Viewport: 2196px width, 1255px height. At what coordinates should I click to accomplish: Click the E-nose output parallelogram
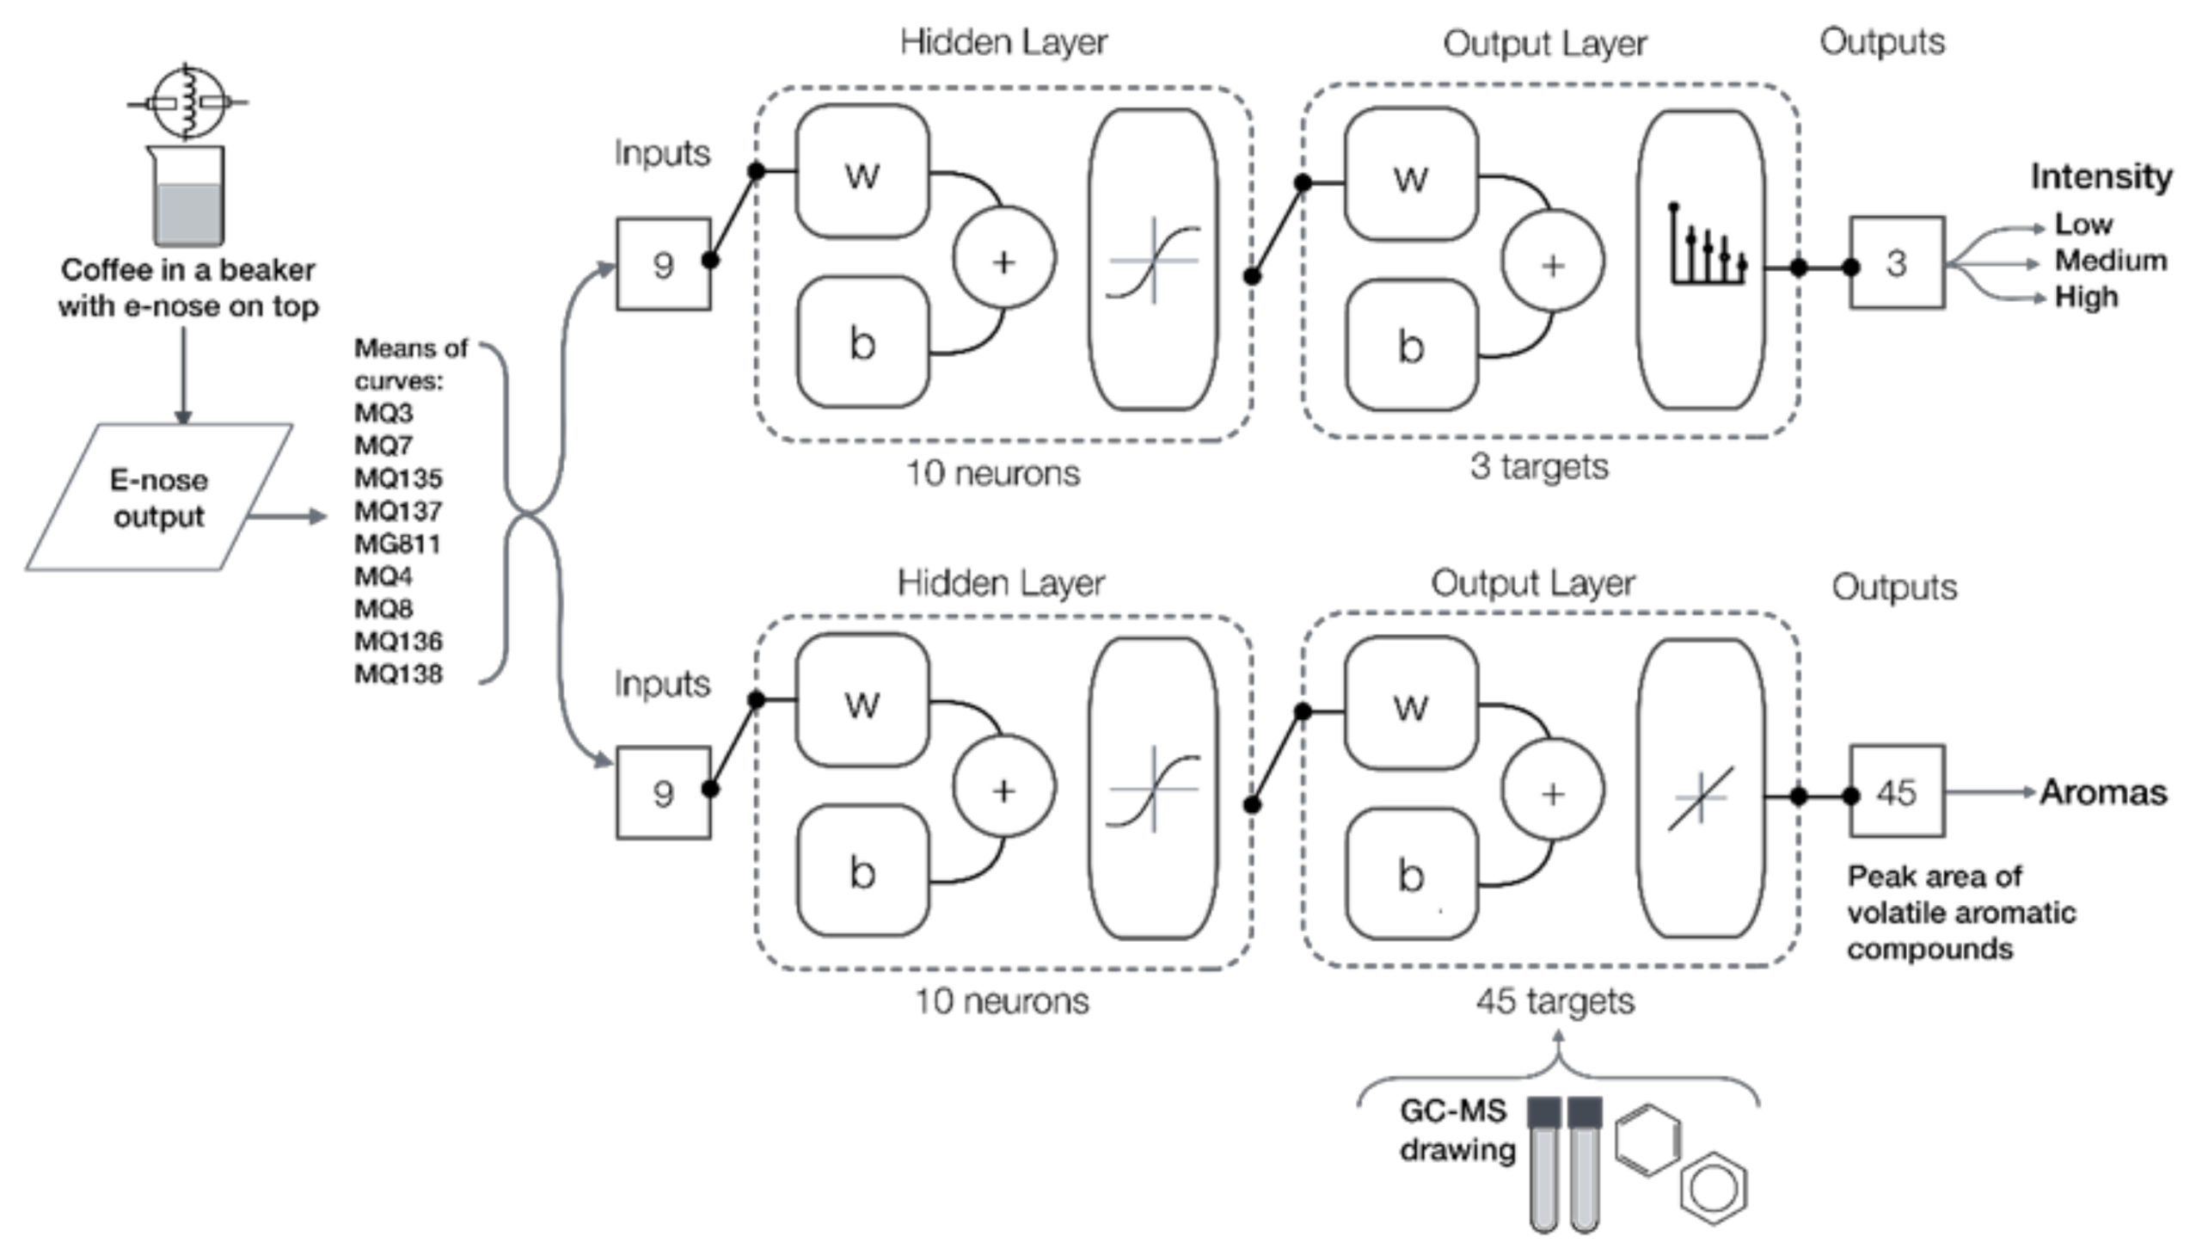pos(158,497)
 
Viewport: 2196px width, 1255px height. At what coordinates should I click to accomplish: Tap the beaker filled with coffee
pos(187,198)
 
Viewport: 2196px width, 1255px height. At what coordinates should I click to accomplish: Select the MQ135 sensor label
pos(398,478)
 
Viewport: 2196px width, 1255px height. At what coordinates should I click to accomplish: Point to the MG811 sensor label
pos(397,544)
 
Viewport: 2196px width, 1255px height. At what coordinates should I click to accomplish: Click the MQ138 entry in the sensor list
pos(398,674)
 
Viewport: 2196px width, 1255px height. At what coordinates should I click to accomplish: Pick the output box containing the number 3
pos(1896,263)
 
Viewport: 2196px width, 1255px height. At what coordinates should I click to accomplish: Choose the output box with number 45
pos(1896,791)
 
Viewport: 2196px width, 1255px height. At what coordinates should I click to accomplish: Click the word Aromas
pos(2102,792)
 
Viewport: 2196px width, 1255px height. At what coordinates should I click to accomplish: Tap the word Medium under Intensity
pos(2110,261)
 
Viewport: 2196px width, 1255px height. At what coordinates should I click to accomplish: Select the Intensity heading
pos(2101,176)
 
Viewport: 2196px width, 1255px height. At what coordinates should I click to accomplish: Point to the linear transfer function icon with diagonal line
pos(1700,798)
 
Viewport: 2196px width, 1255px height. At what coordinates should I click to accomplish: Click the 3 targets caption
pos(1539,466)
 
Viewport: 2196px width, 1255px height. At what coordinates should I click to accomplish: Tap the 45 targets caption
pos(1555,1000)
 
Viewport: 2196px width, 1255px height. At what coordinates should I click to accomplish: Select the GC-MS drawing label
pos(1456,1130)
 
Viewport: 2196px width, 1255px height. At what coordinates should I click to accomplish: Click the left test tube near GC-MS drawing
pos(1543,1164)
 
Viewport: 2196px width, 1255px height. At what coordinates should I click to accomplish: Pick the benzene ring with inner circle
pos(1714,1188)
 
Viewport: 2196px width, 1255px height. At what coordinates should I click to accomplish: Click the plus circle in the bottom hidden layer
pos(1003,790)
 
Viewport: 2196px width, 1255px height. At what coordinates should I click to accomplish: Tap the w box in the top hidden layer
pos(862,172)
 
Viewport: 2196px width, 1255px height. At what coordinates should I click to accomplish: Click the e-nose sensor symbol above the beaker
pos(187,102)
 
